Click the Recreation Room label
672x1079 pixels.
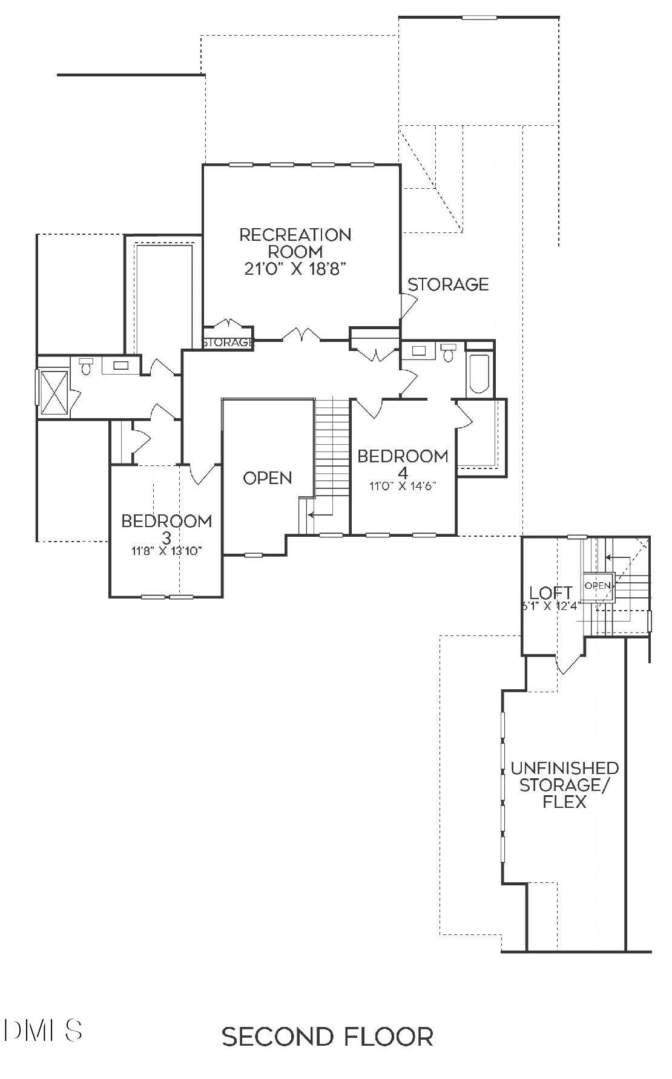point(295,242)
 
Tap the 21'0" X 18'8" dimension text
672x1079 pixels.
point(295,269)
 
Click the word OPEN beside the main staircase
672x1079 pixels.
point(267,478)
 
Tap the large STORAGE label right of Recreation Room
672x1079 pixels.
point(448,284)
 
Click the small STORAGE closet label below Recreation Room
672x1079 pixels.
point(227,343)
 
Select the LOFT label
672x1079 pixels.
point(550,592)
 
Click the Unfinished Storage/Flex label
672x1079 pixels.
point(564,785)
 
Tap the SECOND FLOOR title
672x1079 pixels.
point(328,1036)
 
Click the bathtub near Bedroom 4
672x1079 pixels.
point(478,375)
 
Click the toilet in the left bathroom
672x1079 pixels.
point(85,366)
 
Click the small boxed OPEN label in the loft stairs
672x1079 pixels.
point(598,585)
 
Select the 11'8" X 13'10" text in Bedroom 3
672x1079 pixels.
point(166,551)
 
